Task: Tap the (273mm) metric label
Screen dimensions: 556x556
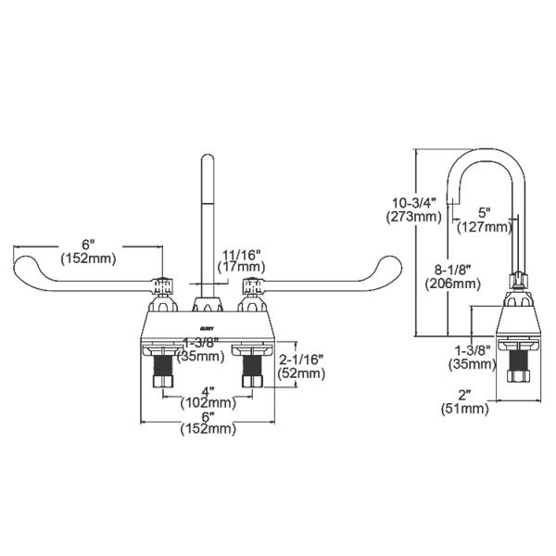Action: (x=413, y=218)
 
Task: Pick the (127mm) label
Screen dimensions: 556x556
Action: (x=485, y=225)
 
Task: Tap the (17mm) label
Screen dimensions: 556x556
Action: (x=242, y=266)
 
